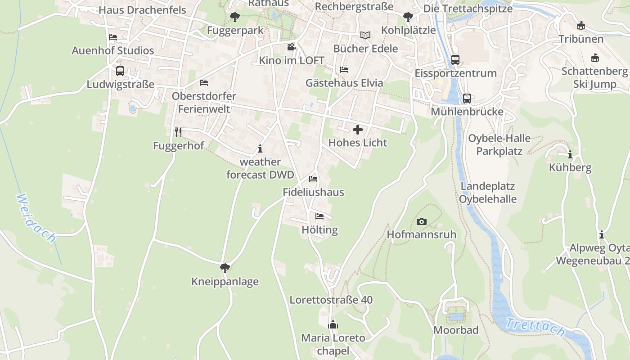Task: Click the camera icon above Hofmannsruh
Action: (x=422, y=221)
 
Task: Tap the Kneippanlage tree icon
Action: (x=225, y=269)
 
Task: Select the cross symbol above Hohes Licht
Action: (x=358, y=130)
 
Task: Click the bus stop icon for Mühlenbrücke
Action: (x=467, y=98)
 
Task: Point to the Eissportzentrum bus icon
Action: (x=455, y=60)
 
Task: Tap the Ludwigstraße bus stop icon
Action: (x=120, y=71)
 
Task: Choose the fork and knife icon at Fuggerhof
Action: (x=178, y=132)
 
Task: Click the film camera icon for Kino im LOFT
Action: (x=291, y=47)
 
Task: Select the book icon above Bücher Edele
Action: (x=365, y=35)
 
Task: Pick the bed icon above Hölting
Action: (x=319, y=216)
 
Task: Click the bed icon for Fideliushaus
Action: (x=313, y=179)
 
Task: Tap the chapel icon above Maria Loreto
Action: (x=333, y=324)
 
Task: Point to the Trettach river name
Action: (x=535, y=327)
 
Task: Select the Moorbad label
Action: (x=456, y=330)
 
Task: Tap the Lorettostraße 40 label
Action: (x=331, y=300)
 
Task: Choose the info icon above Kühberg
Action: (x=570, y=155)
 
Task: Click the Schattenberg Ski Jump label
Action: (x=595, y=77)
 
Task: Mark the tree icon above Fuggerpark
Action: (x=234, y=18)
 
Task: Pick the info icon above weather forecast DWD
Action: (x=260, y=148)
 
